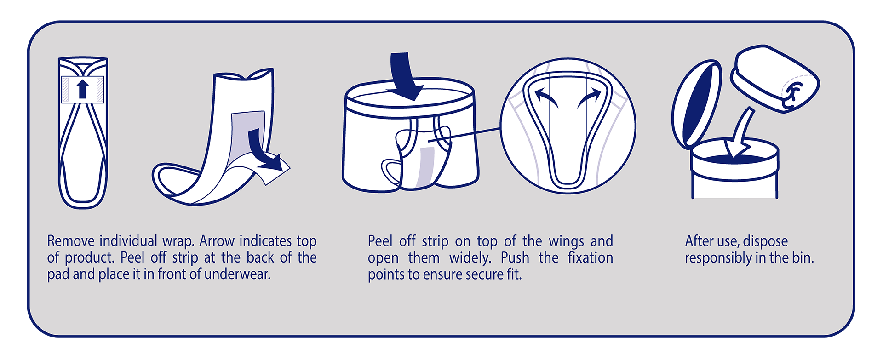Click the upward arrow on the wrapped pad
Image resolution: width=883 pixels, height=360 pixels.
[83, 89]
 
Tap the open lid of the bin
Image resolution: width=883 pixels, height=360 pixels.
[695, 105]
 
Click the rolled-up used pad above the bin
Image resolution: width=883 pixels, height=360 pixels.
[775, 78]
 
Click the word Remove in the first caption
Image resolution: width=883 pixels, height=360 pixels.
[71, 241]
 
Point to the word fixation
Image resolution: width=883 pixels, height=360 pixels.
[591, 257]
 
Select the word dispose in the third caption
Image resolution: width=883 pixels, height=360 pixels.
[765, 241]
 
